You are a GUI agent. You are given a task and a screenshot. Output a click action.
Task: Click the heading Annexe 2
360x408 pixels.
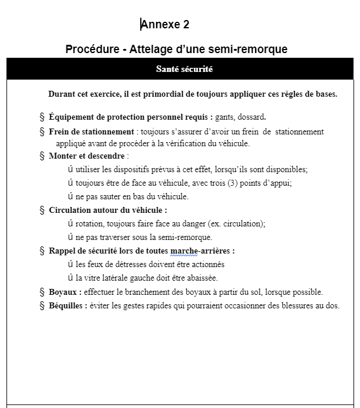tap(165, 24)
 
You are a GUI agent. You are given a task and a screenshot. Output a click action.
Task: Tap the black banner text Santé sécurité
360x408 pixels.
tap(184, 69)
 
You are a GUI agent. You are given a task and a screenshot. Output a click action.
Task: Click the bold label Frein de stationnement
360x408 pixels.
tap(91, 131)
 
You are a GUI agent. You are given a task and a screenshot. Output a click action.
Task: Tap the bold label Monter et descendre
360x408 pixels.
tap(87, 156)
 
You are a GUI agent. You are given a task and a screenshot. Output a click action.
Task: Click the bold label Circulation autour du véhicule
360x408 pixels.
tap(107, 210)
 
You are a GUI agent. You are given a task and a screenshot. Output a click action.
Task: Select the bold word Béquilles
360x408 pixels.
tap(67, 305)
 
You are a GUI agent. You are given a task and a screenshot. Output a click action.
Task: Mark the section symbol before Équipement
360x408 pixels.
tap(42, 116)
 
